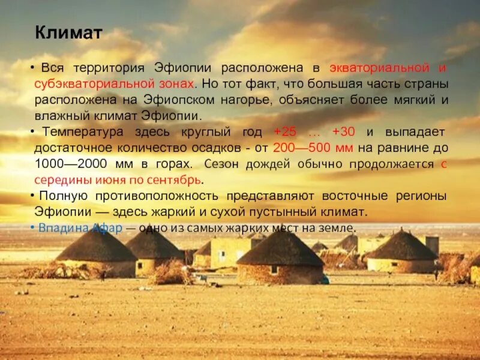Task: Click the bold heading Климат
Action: [x=68, y=33]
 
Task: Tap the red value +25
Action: [x=284, y=132]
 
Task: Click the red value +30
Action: [x=344, y=132]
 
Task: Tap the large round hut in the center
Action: [x=281, y=258]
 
